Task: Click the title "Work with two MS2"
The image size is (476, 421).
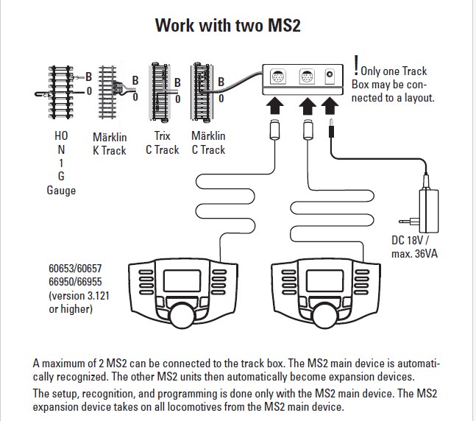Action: point(238,25)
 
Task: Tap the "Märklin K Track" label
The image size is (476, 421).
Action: point(110,144)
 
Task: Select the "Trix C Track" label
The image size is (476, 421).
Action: point(163,144)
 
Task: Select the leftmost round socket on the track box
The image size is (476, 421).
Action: point(278,77)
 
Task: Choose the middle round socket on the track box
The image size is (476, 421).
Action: point(306,77)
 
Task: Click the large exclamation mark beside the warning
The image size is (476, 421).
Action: point(356,65)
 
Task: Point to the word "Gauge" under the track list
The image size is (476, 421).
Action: point(61,190)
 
